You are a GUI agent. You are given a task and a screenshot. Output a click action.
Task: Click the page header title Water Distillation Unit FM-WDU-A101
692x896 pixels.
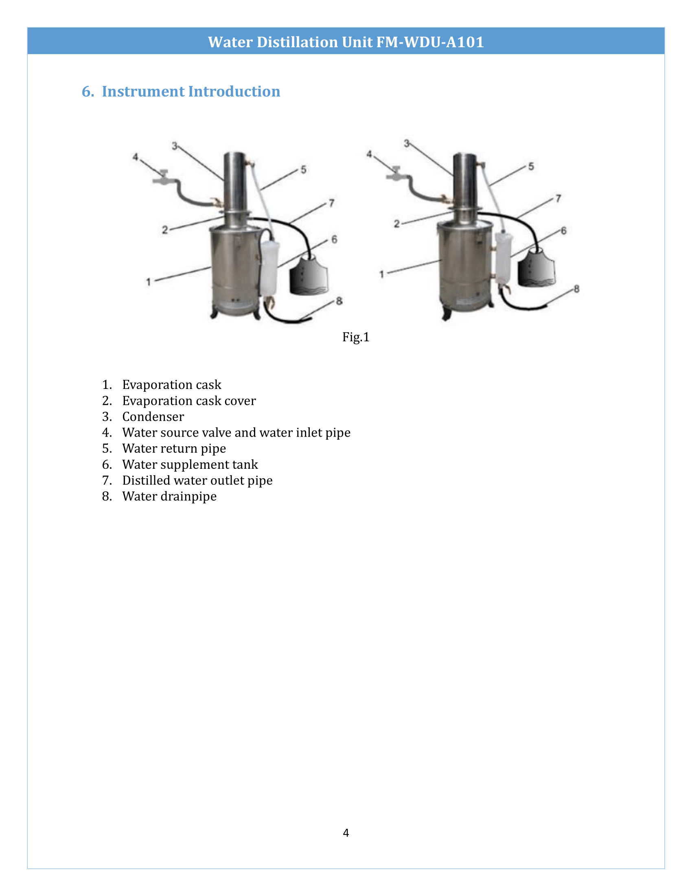click(x=346, y=42)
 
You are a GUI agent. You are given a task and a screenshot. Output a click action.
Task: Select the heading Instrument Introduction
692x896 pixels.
click(x=191, y=91)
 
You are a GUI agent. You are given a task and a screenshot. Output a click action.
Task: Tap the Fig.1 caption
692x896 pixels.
click(x=356, y=337)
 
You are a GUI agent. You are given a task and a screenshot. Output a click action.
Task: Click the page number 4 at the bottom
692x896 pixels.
click(x=346, y=832)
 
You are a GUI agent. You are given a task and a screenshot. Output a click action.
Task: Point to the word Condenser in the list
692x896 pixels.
click(x=153, y=416)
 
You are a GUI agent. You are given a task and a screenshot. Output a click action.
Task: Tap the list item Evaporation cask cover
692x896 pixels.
click(x=188, y=400)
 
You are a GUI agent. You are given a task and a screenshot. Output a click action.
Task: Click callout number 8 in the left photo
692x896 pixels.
click(x=339, y=301)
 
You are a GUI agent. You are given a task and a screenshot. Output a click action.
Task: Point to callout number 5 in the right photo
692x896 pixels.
click(x=531, y=167)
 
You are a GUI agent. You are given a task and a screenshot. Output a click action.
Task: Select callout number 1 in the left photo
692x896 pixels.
click(x=149, y=282)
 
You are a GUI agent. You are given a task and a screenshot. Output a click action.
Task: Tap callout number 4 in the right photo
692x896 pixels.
click(x=369, y=154)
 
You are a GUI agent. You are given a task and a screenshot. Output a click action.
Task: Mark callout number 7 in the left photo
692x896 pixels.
click(x=331, y=203)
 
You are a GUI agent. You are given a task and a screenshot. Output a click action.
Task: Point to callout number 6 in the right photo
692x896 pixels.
click(x=563, y=231)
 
